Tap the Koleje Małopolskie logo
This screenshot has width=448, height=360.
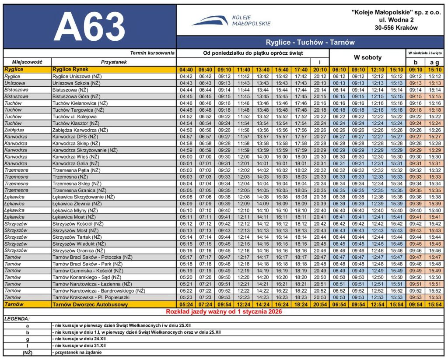tap(231, 20)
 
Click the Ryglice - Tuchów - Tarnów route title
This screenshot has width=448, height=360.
tap(310, 42)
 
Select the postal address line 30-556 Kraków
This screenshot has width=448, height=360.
tap(396, 28)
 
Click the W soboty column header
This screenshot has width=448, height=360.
tap(367, 57)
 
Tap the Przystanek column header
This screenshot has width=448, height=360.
tap(114, 62)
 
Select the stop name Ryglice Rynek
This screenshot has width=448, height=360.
tap(70, 69)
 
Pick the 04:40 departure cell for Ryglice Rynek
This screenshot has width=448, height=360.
tap(186, 69)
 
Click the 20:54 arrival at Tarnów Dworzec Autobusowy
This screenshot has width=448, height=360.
tap(320, 304)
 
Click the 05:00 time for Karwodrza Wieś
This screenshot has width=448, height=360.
tap(186, 157)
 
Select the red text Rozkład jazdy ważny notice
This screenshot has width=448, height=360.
tap(223, 311)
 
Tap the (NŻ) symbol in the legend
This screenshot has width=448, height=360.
tap(27, 352)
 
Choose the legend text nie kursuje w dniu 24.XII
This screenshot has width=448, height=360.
tap(79, 339)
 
